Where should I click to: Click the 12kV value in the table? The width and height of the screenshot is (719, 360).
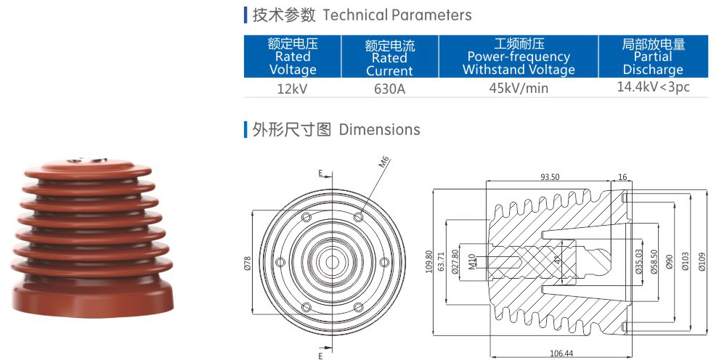point(293,89)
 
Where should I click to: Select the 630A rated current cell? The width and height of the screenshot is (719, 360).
point(389,89)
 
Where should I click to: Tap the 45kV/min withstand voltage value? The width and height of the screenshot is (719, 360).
point(519,89)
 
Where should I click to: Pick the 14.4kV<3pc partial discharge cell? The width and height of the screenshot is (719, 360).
point(653,87)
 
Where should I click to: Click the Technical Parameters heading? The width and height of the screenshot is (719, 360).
point(397,15)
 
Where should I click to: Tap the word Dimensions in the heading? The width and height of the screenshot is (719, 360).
point(379,130)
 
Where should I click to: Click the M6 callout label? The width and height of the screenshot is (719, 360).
point(384,162)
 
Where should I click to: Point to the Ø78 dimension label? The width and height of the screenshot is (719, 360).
point(246,261)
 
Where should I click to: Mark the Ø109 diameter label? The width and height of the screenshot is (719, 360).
point(702,262)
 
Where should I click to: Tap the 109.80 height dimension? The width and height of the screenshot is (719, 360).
point(428,262)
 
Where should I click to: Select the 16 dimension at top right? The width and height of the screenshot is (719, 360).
point(623,177)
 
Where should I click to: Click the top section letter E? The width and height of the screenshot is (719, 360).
point(320,173)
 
